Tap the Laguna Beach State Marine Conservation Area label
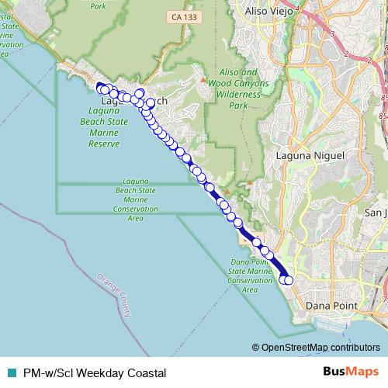[x=136, y=199]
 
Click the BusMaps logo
[x=352, y=372]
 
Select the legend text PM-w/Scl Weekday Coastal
[x=95, y=372]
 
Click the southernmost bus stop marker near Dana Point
[x=289, y=280]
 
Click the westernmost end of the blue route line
[x=98, y=85]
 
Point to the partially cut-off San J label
[x=376, y=213]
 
